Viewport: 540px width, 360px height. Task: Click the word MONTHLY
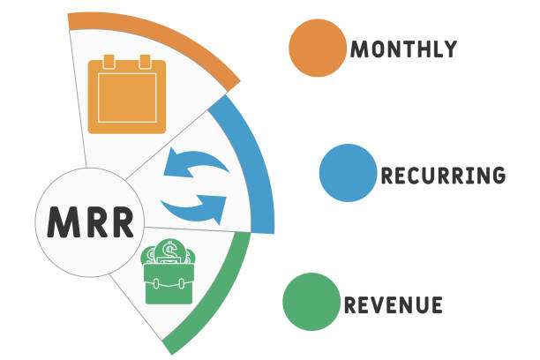[x=403, y=49]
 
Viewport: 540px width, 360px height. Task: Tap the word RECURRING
[x=443, y=175]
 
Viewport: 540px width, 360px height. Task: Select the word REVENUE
[x=394, y=305]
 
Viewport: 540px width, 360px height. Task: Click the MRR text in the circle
[x=90, y=222]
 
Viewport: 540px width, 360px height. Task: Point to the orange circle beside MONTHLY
[x=318, y=48]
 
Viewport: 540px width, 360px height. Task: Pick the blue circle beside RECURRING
[x=349, y=173]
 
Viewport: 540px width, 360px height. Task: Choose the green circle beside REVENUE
[x=311, y=302]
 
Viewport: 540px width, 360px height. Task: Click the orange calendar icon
[x=127, y=94]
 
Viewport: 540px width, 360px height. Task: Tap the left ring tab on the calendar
[x=109, y=62]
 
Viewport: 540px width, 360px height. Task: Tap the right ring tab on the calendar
[x=145, y=62]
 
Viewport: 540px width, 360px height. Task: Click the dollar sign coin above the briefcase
[x=169, y=251]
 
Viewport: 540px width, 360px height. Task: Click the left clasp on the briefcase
[x=156, y=284]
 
